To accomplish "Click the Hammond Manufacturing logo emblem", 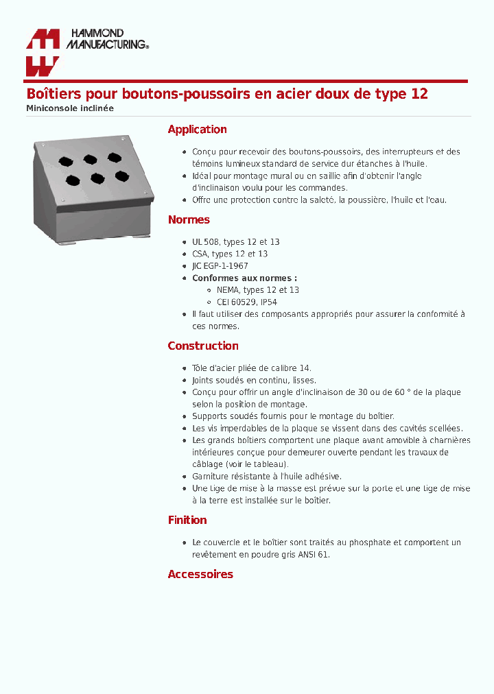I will coord(42,52).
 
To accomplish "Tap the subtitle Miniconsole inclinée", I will coord(70,108).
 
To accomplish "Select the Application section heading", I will coord(197,130).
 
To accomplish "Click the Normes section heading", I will coord(189,220).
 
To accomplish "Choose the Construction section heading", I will coord(203,346).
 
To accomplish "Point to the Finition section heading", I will coord(187,520).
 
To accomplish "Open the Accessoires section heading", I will coord(200,575).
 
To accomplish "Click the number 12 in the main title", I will coord(419,94).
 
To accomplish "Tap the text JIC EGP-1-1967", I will coord(220,266).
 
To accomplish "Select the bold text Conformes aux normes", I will coord(244,278).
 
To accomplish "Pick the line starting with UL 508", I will coord(235,242).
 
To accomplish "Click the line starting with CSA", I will coord(230,254).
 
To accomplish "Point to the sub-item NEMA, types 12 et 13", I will coord(253,290).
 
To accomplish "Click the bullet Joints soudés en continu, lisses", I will coord(254,380).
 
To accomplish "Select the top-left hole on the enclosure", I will coord(64,163).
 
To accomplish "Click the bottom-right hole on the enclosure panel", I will coord(121,176).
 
